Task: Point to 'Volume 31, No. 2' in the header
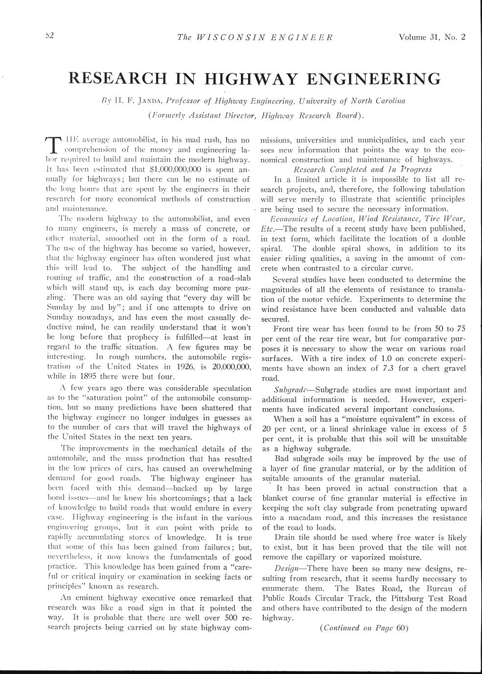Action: click(x=432, y=37)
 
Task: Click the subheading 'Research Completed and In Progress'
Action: click(x=351, y=169)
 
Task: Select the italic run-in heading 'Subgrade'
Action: click(x=290, y=390)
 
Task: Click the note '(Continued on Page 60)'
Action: click(x=363, y=628)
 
